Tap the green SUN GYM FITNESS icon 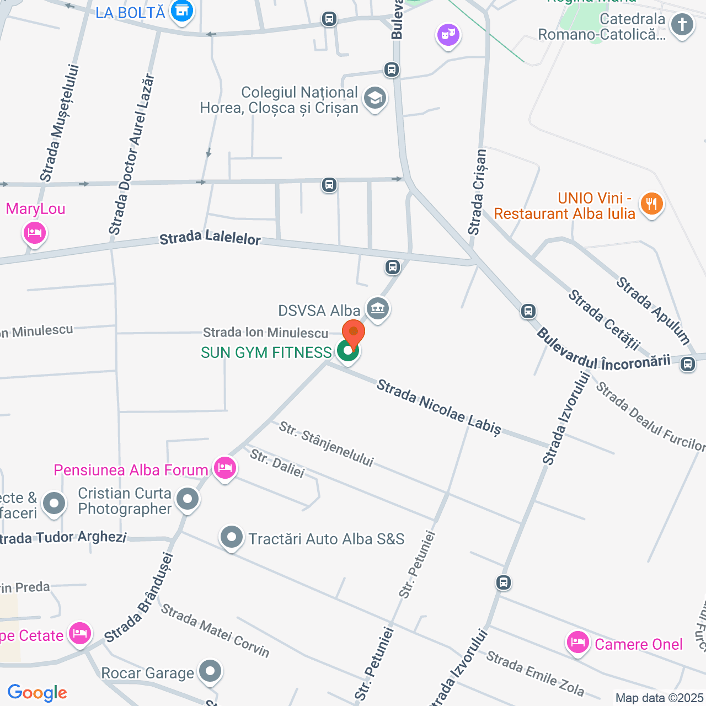click(x=348, y=351)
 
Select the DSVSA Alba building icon click(x=378, y=308)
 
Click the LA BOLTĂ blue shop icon click(x=181, y=11)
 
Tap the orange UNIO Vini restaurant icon click(x=651, y=204)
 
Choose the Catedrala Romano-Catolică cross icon click(x=682, y=25)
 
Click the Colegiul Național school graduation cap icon click(x=375, y=99)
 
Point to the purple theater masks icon click(x=448, y=36)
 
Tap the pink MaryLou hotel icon click(x=34, y=233)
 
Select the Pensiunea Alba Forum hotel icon click(x=224, y=469)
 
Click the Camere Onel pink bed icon click(x=577, y=643)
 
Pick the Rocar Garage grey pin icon click(x=210, y=672)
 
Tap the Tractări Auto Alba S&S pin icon click(x=232, y=537)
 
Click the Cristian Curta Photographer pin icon click(x=188, y=499)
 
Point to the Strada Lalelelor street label click(x=210, y=238)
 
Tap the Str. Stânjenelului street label click(x=326, y=444)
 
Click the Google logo click(x=37, y=693)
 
